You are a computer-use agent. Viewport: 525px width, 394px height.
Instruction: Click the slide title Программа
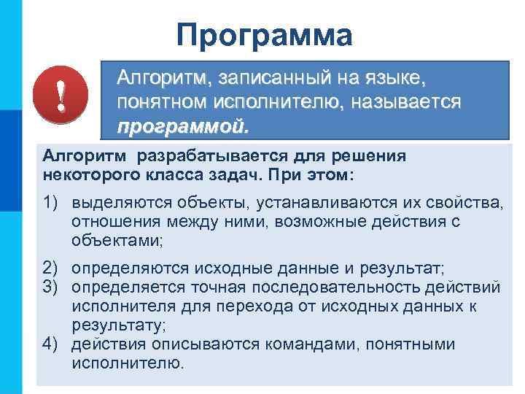coord(264,34)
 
